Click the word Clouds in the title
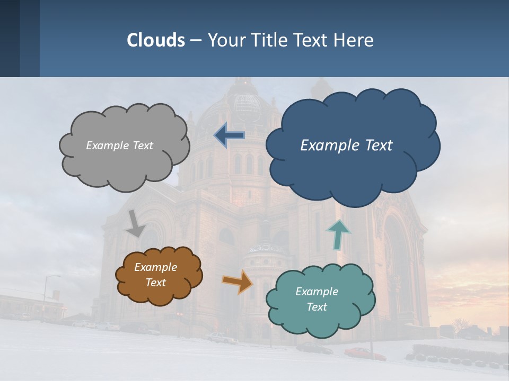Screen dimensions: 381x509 (156, 40)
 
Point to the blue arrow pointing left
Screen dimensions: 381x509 (230, 135)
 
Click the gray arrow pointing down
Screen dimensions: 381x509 (136, 223)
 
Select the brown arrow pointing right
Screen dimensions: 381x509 (238, 282)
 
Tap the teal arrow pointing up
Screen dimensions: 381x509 (338, 234)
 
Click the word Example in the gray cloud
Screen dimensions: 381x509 (107, 146)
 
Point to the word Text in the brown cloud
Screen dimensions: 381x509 (156, 283)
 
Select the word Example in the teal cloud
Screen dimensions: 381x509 (317, 292)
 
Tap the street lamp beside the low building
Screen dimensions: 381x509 (46, 296)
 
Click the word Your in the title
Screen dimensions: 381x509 (225, 40)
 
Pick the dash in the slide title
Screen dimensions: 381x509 (196, 40)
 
